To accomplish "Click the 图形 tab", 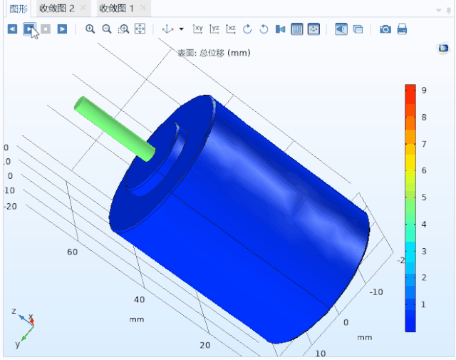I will click(17, 9).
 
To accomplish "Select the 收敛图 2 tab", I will click(56, 9).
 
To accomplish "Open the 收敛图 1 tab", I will click(116, 9).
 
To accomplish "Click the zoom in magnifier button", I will click(90, 29).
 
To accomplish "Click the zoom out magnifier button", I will click(106, 29).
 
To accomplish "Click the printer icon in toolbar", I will click(402, 29).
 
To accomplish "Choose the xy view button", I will click(198, 29).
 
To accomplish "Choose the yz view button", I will click(214, 29).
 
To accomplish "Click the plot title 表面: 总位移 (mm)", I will click(214, 53).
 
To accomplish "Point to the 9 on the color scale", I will click(423, 91).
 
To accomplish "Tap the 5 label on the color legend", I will click(423, 197).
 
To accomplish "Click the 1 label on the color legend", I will click(423, 304).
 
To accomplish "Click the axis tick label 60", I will click(72, 252).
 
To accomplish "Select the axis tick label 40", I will click(140, 299).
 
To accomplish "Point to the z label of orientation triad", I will click(14, 312).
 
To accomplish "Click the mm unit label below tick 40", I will click(136, 319).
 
